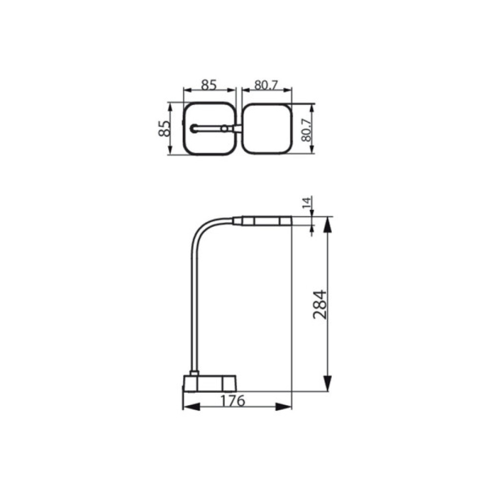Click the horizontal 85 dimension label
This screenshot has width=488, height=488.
(209, 85)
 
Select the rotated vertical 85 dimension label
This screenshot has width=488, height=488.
(165, 128)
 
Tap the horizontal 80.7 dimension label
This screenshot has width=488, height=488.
(266, 85)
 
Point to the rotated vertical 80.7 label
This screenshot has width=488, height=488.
(306, 129)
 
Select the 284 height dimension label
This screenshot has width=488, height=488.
(319, 305)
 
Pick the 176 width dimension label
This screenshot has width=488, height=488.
(231, 401)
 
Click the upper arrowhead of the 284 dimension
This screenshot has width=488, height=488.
(328, 225)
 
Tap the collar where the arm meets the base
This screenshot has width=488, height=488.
(194, 373)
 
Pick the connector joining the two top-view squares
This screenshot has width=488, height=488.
(238, 128)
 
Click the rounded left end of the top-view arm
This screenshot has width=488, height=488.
(194, 128)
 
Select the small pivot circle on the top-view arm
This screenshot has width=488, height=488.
(224, 128)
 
